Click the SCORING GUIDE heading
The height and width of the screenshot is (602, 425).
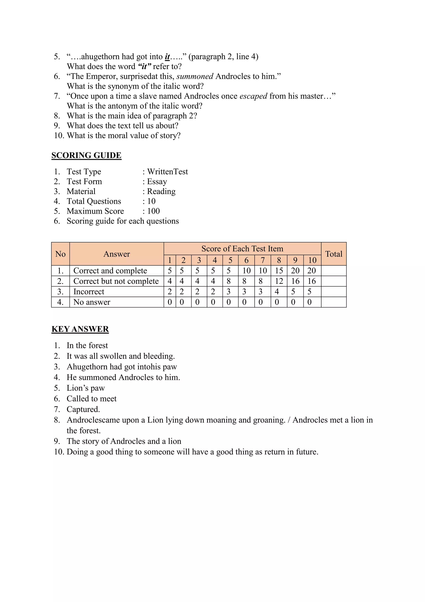[x=86, y=155]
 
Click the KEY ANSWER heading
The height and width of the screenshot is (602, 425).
[x=80, y=329]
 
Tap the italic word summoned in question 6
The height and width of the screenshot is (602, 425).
[x=195, y=76]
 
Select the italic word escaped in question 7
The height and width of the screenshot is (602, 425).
[x=253, y=96]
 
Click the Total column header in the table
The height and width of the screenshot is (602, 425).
[x=334, y=254]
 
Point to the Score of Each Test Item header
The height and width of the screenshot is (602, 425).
[x=242, y=249]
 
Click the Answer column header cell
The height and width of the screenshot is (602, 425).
[x=116, y=254]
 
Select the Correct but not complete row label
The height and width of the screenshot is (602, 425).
[x=116, y=281]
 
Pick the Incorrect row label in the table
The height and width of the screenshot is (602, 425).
[x=89, y=292]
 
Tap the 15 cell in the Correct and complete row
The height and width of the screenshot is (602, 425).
[x=279, y=271]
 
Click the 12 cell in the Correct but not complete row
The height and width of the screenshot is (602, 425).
[x=279, y=281]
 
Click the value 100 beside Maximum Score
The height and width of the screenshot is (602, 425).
[x=153, y=211]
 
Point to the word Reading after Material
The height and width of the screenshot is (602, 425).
[x=161, y=191]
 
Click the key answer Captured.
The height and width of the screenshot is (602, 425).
[x=83, y=409]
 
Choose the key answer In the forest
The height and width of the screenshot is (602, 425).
[x=87, y=345]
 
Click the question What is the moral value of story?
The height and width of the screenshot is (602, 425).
[x=123, y=136]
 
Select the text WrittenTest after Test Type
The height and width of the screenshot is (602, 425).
[x=167, y=172]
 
